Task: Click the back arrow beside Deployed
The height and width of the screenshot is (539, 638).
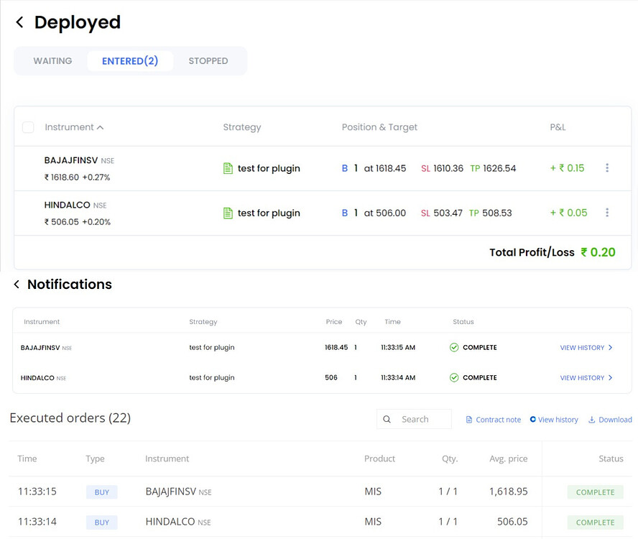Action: tap(19, 23)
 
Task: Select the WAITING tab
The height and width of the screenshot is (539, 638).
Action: tap(52, 61)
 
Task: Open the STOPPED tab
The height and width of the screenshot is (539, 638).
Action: tap(208, 61)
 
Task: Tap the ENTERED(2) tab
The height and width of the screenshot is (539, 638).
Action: tap(130, 61)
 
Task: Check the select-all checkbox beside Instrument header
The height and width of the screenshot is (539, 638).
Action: tap(28, 127)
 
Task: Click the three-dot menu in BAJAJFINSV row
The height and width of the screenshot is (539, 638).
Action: tap(607, 168)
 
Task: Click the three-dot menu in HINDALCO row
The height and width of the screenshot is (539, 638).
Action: tap(607, 213)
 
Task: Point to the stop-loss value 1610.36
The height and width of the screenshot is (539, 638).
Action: tap(448, 168)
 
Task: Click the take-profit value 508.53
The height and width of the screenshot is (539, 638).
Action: tap(497, 213)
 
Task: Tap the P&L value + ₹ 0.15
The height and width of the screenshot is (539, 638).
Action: tap(568, 168)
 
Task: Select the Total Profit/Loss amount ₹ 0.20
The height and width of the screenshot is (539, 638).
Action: tap(598, 252)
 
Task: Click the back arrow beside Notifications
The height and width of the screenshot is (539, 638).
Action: tap(17, 285)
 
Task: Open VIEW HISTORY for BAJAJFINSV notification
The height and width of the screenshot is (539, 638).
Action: tap(586, 348)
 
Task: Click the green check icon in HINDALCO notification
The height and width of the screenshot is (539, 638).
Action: tap(454, 377)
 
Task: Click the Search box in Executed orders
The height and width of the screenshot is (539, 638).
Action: tap(415, 419)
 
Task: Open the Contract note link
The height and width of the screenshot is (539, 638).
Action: tap(494, 420)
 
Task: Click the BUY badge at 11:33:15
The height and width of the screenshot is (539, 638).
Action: tap(101, 492)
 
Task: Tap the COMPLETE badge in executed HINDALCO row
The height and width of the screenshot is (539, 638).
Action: tap(595, 522)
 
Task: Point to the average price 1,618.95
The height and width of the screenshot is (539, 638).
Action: tap(508, 492)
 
